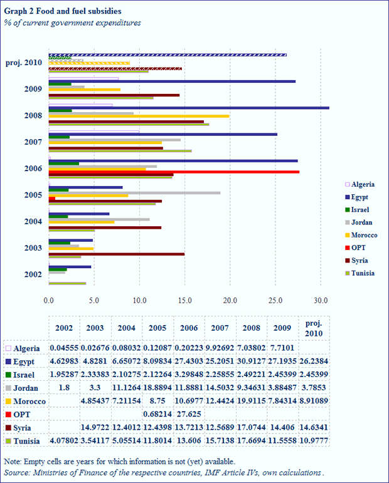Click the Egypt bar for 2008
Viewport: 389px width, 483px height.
(x=188, y=108)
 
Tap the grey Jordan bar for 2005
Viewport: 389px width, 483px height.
(x=134, y=193)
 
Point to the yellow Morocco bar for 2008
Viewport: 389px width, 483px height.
(x=139, y=116)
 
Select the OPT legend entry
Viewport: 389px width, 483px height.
(x=359, y=247)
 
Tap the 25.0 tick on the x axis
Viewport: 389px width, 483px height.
(x=275, y=300)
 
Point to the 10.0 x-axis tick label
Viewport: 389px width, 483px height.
(x=139, y=300)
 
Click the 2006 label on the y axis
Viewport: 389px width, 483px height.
(x=32, y=168)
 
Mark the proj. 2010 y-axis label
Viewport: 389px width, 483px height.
(x=24, y=62)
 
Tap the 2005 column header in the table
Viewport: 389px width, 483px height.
(x=159, y=328)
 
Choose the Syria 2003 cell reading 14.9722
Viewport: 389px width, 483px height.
(x=95, y=427)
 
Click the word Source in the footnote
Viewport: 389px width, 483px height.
(x=17, y=472)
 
